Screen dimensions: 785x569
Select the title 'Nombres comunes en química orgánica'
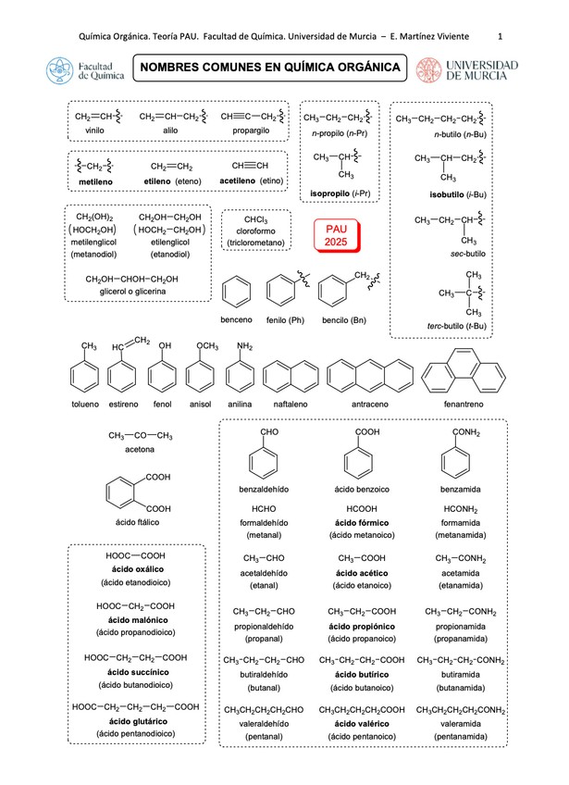pos(271,68)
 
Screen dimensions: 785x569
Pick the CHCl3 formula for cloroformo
pos(256,219)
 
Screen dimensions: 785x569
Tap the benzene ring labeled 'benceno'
pos(237,294)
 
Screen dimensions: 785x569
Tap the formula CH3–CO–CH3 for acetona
pos(141,435)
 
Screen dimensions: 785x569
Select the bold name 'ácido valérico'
pos(362,722)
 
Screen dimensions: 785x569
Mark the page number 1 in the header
pos(500,36)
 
